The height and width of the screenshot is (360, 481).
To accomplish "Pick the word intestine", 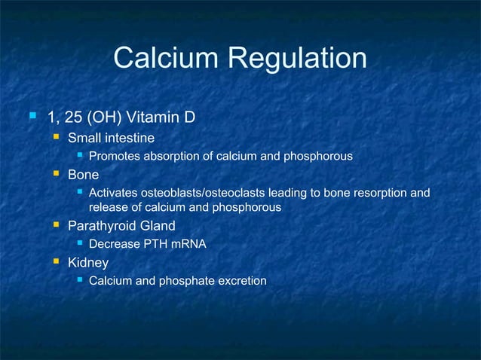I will click(x=130, y=138).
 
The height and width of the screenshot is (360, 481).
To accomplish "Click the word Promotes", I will click(x=112, y=157).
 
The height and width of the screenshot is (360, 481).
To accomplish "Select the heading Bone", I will click(x=83, y=175).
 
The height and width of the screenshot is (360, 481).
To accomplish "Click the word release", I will click(x=107, y=207).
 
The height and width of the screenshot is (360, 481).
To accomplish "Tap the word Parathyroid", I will click(x=98, y=225).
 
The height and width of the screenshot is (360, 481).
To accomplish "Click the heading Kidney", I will click(x=88, y=263).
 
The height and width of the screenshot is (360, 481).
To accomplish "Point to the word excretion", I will click(x=241, y=281).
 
